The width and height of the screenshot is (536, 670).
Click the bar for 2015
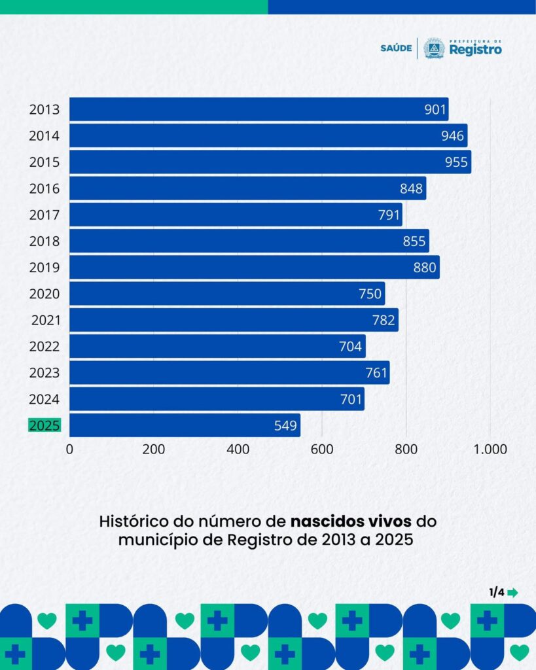click(270, 162)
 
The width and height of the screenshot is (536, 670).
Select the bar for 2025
click(185, 425)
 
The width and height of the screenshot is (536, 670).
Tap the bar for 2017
click(236, 215)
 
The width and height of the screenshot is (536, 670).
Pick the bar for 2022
click(217, 346)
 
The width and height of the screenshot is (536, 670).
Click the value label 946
click(452, 136)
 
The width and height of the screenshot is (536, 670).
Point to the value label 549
click(285, 426)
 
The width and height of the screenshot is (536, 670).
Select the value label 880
click(425, 268)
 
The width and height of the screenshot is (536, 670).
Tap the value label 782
click(384, 320)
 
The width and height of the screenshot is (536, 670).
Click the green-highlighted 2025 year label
click(45, 425)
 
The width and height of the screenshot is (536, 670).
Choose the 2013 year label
click(45, 109)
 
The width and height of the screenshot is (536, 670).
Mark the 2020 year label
click(45, 294)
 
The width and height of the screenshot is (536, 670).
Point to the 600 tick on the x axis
click(321, 450)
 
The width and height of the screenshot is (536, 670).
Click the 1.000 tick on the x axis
click(491, 450)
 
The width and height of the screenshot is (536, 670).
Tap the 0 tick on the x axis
click(69, 450)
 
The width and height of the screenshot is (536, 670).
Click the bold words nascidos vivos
click(350, 522)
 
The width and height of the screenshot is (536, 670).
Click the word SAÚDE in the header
click(396, 48)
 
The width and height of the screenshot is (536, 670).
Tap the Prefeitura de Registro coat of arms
click(433, 48)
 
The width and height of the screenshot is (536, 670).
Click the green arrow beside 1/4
click(512, 593)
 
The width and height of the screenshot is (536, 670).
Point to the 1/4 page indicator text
click(496, 592)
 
